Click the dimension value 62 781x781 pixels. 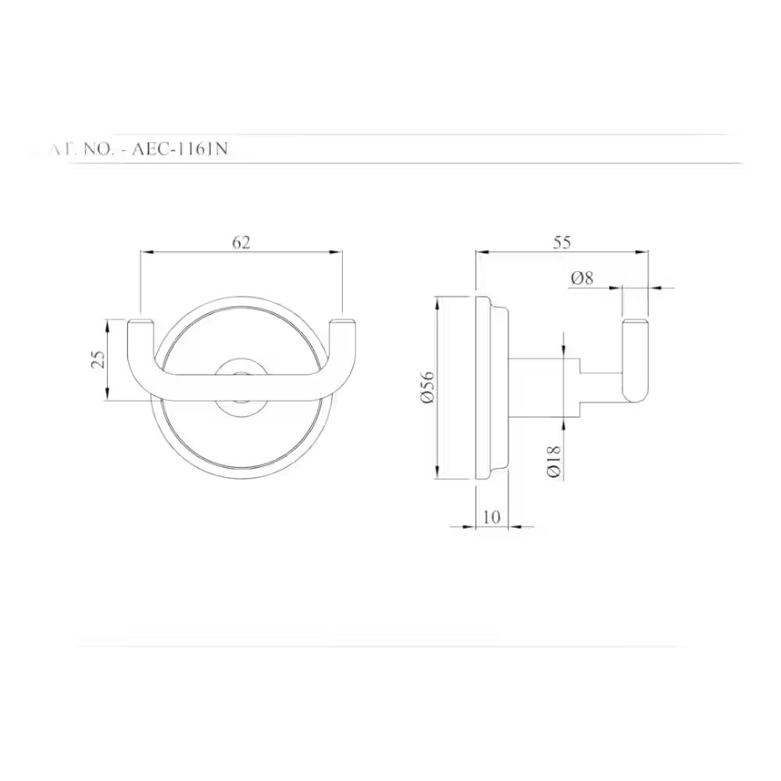(x=241, y=242)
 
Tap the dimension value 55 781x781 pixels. (x=562, y=242)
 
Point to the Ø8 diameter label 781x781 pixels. (x=583, y=278)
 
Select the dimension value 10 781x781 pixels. (x=492, y=517)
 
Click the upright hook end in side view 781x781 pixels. (x=635, y=359)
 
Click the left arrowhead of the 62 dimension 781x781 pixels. (x=144, y=251)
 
